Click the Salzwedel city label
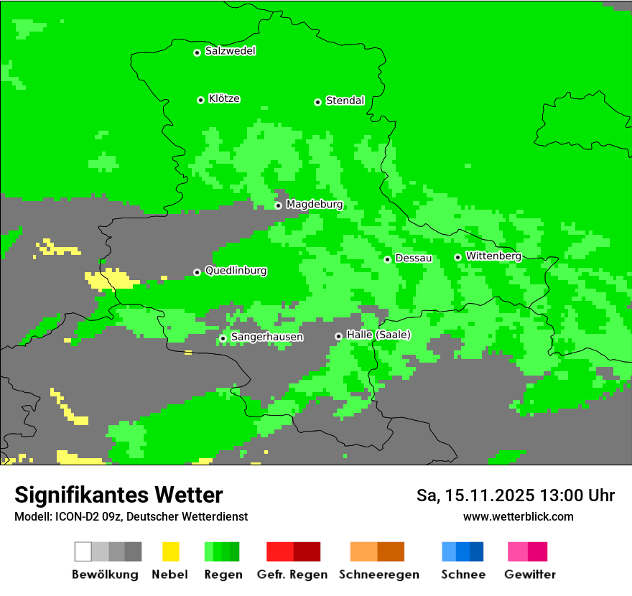230,51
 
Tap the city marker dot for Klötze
200,100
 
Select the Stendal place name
345,101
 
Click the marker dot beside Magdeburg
279,205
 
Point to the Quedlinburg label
236,271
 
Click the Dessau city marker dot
387,259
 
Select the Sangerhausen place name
266,337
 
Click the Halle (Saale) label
378,335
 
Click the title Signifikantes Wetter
118,495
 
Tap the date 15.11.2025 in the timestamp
489,495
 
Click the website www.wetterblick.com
518,516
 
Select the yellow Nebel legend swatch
170,551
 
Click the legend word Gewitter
529,574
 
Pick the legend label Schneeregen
378,574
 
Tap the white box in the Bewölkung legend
83,551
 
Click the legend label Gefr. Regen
292,574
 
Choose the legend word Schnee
463,574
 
